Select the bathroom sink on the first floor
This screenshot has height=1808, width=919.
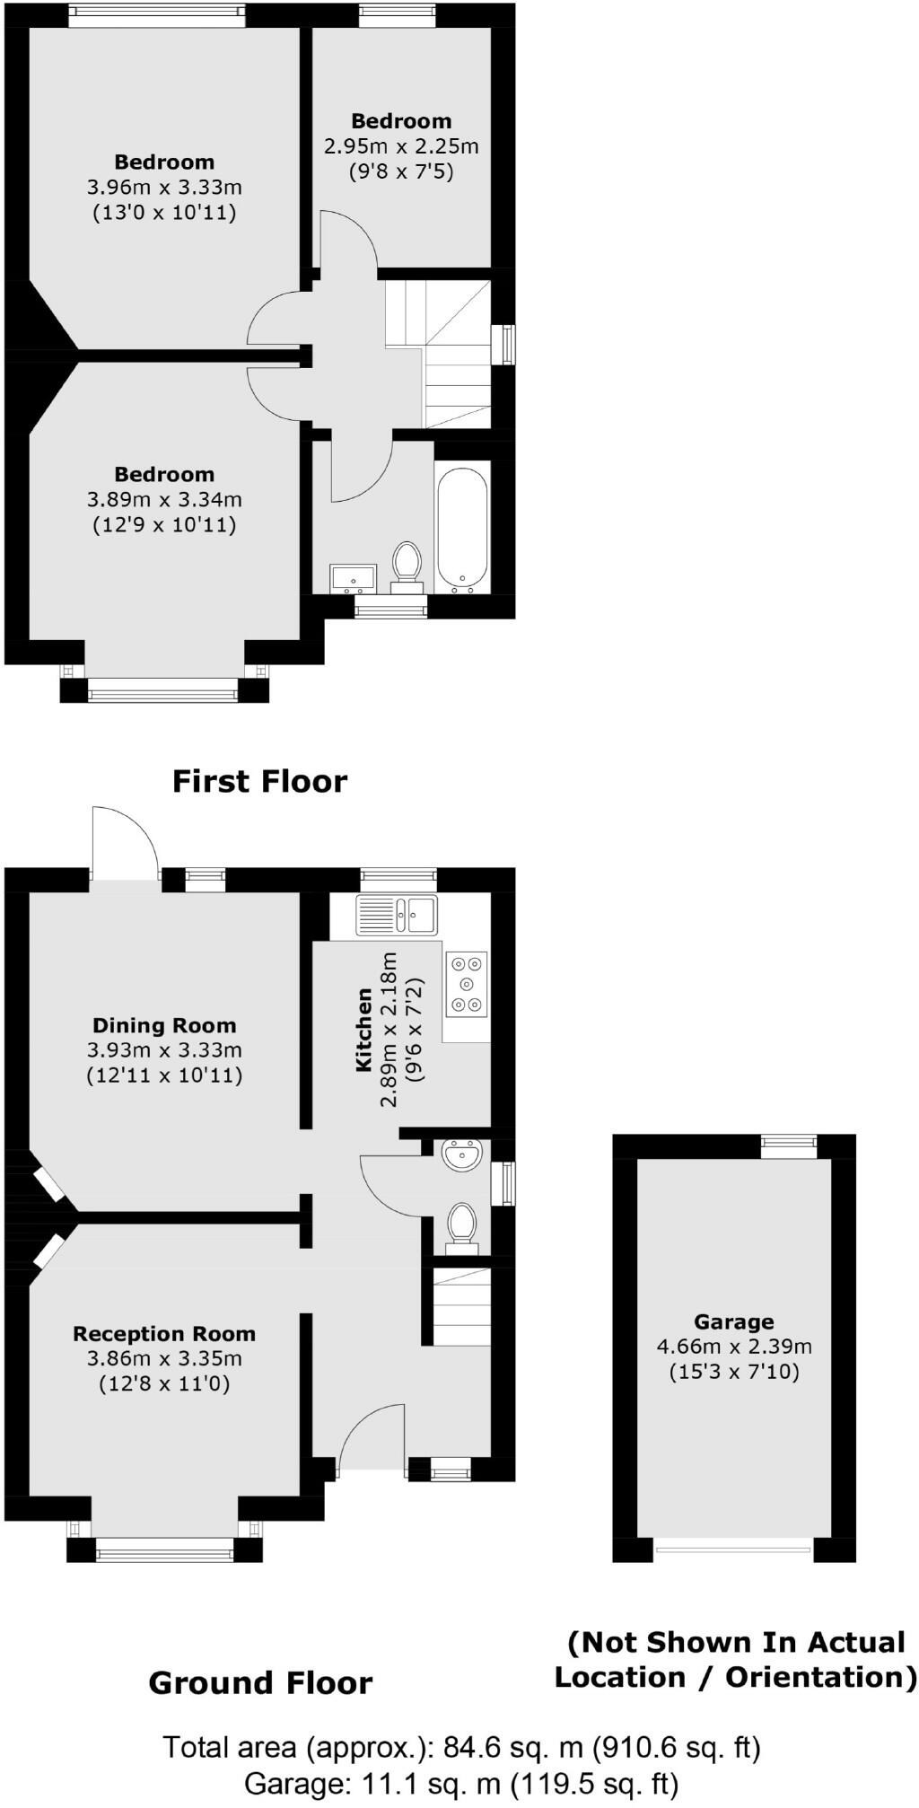pos(353,577)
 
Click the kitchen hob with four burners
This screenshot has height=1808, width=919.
pos(467,984)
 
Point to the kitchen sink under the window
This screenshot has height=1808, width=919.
pos(396,915)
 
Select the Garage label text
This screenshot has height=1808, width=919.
pos(733,1321)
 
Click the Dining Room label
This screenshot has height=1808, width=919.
pos(164,1025)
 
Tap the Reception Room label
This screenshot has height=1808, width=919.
pos(164,1334)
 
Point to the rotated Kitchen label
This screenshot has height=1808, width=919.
pos(364,1030)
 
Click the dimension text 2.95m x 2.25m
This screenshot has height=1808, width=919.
pos(401,145)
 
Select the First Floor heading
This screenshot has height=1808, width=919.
pos(259,781)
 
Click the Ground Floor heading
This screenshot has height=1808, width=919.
pos(260,1682)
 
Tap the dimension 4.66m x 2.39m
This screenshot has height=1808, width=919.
pos(734,1347)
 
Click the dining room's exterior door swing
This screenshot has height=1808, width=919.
pos(126,844)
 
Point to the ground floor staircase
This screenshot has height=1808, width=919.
pos(461,1306)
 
